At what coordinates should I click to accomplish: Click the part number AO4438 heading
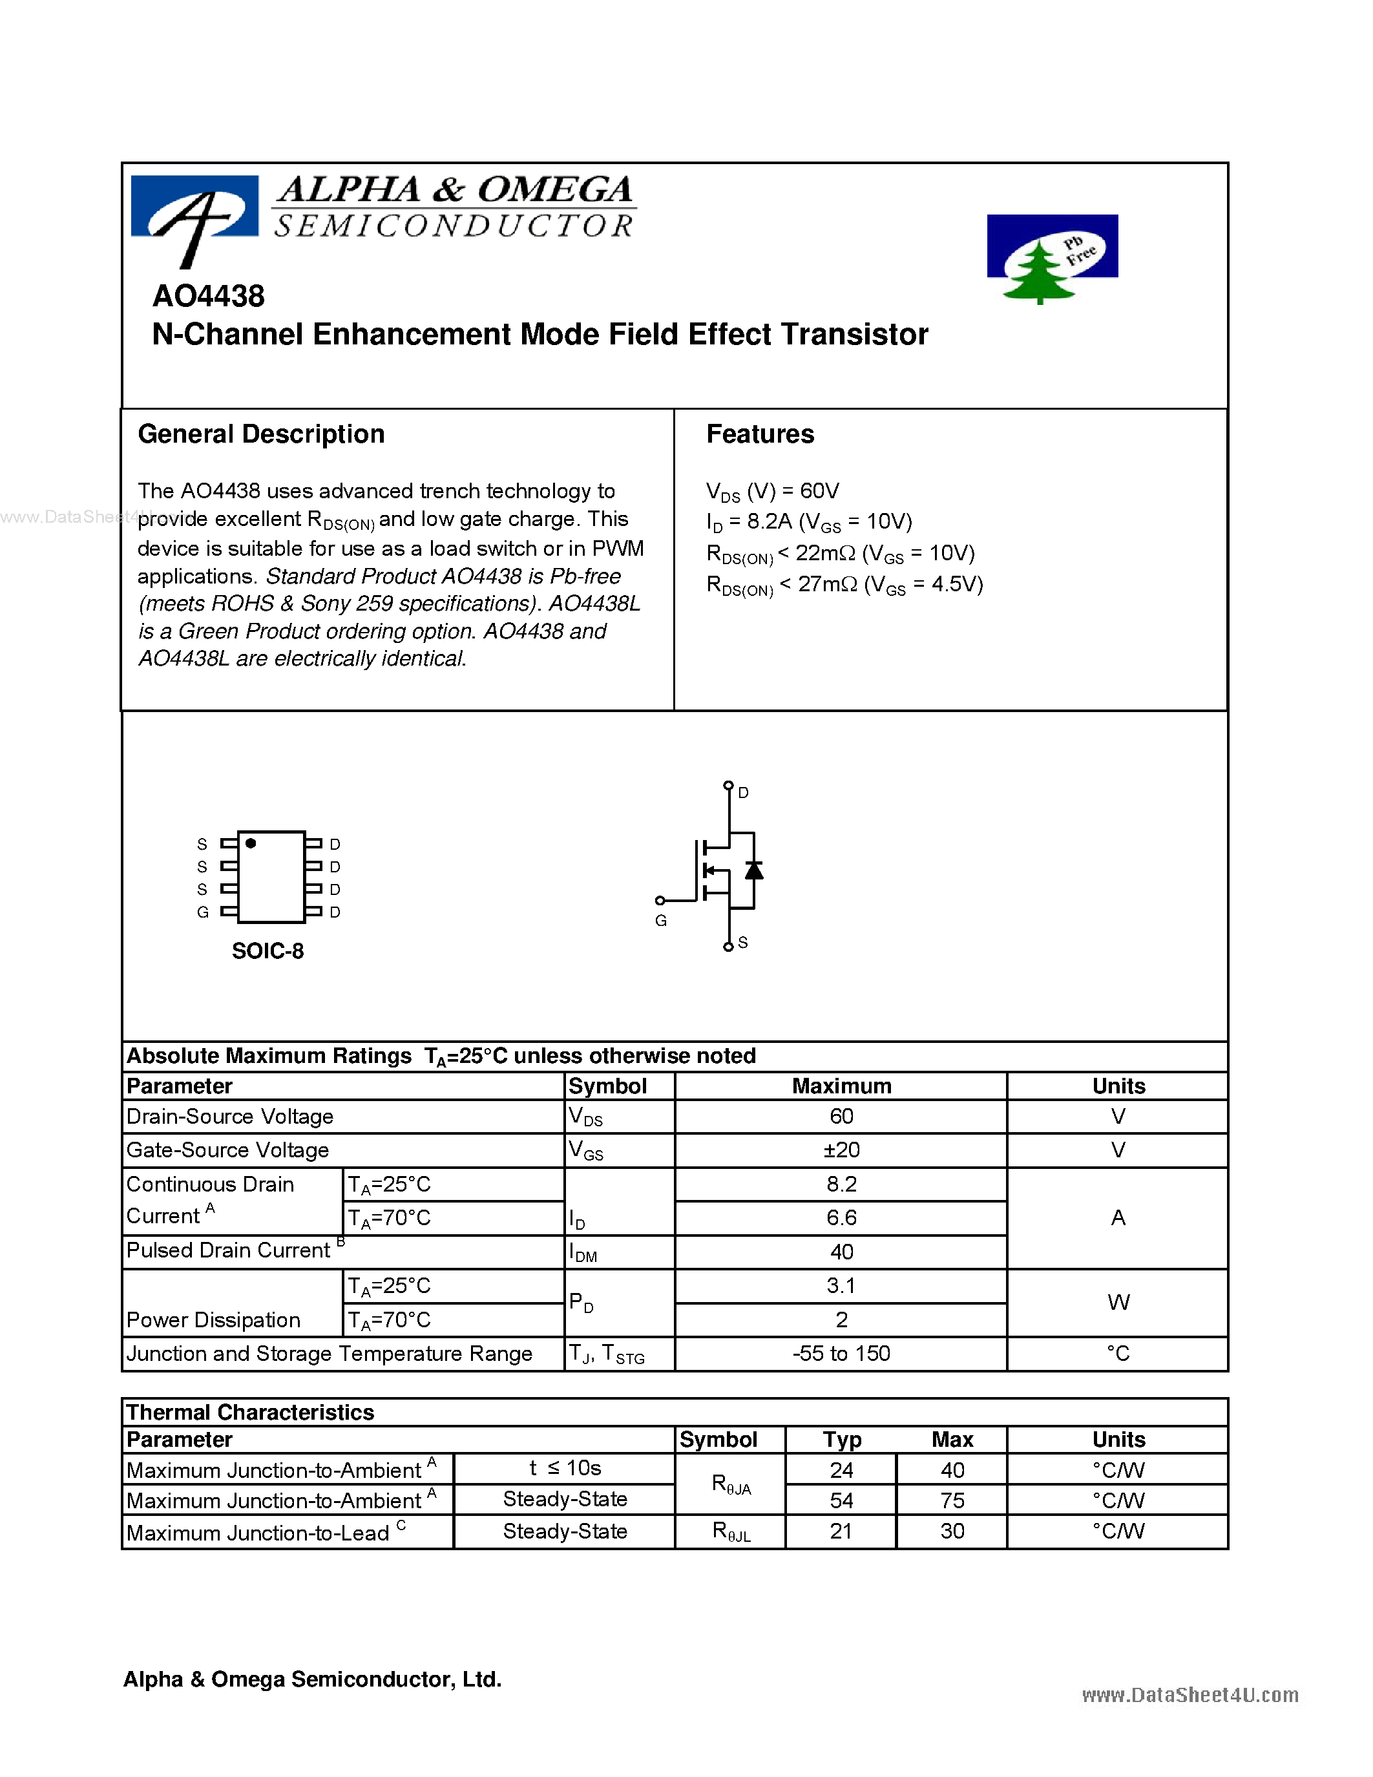tap(208, 296)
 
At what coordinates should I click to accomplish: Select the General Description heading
tap(261, 434)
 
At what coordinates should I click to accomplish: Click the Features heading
tap(760, 434)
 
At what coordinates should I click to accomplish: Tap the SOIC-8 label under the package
tap(267, 951)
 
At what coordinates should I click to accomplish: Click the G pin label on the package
tap(202, 912)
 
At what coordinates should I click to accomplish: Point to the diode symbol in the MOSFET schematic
tap(754, 870)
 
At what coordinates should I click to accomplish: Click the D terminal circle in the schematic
tap(728, 785)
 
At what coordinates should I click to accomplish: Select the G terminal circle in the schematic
tap(660, 900)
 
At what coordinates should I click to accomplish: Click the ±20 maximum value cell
tap(841, 1150)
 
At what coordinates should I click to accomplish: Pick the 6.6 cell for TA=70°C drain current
tap(841, 1218)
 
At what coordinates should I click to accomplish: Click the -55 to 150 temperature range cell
tap(841, 1353)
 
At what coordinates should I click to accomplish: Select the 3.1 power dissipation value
tap(841, 1285)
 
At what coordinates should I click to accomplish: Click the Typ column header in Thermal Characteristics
tap(841, 1439)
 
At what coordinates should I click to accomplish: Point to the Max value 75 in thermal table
tap(952, 1500)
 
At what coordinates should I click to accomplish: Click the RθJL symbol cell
tap(730, 1531)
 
